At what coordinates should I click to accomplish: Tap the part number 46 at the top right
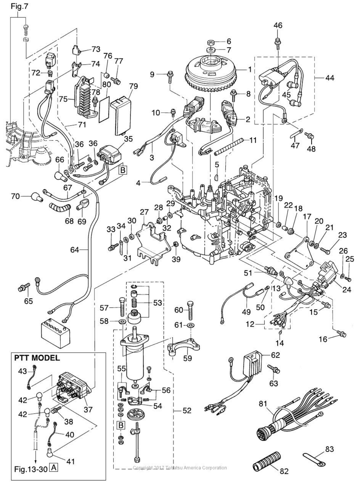click(278, 25)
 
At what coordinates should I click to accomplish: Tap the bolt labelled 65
click(24, 287)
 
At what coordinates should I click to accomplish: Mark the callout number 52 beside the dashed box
click(187, 411)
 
